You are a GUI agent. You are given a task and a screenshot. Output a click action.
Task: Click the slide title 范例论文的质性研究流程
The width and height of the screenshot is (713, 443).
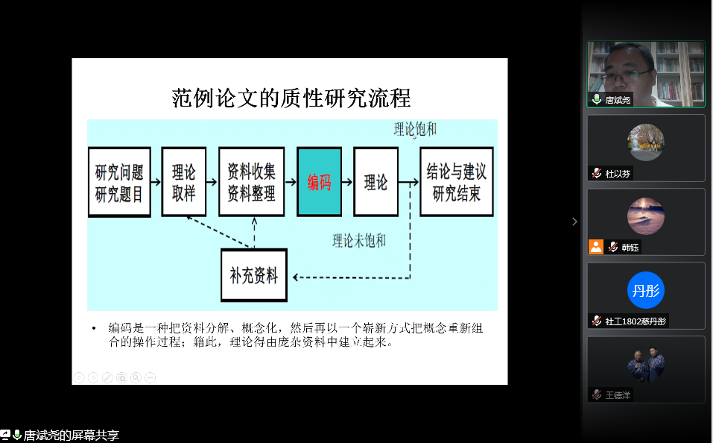pos(291,98)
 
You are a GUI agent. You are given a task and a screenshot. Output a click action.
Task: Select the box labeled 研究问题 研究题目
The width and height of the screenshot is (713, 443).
pos(119,182)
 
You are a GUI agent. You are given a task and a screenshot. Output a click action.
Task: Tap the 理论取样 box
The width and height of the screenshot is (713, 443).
pos(183,182)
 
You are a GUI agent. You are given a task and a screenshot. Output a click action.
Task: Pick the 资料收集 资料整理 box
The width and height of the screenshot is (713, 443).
pos(251,182)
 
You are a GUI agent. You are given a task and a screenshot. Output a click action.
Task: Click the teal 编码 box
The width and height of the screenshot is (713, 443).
pos(319,182)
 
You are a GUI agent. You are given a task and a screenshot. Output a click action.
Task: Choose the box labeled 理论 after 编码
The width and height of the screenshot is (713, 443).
pos(375,182)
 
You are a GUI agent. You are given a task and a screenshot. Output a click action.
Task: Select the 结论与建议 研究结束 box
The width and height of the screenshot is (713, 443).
pos(456,182)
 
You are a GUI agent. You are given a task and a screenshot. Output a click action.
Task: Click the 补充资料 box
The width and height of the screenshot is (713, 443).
pos(254,276)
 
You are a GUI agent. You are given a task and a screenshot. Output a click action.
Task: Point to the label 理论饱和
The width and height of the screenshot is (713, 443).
pos(415,130)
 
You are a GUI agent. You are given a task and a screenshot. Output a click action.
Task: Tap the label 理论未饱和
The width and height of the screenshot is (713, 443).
pos(359,240)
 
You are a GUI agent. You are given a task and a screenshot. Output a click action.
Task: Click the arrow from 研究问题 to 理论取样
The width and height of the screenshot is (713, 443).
pos(156,181)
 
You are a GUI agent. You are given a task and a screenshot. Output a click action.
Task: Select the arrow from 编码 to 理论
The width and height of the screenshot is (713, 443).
pos(347,182)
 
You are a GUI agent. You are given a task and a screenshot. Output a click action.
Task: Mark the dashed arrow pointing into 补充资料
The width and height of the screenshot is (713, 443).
pos(350,277)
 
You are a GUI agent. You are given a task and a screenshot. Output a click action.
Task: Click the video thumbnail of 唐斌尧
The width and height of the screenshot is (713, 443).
pos(645,73)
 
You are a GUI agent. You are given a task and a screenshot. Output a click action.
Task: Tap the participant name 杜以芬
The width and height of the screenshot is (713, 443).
pos(618,174)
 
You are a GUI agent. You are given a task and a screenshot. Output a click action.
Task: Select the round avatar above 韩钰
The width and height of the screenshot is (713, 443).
pos(645,216)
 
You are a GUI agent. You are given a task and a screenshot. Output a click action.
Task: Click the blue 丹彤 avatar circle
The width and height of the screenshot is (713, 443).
pos(645,290)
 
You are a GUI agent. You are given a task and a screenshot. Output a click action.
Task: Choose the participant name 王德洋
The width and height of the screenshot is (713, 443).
pos(618,395)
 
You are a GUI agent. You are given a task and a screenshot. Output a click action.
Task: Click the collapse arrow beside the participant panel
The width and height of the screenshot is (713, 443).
pos(574,221)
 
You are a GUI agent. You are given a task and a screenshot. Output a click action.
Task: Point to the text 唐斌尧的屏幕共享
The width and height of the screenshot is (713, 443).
pos(71,435)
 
